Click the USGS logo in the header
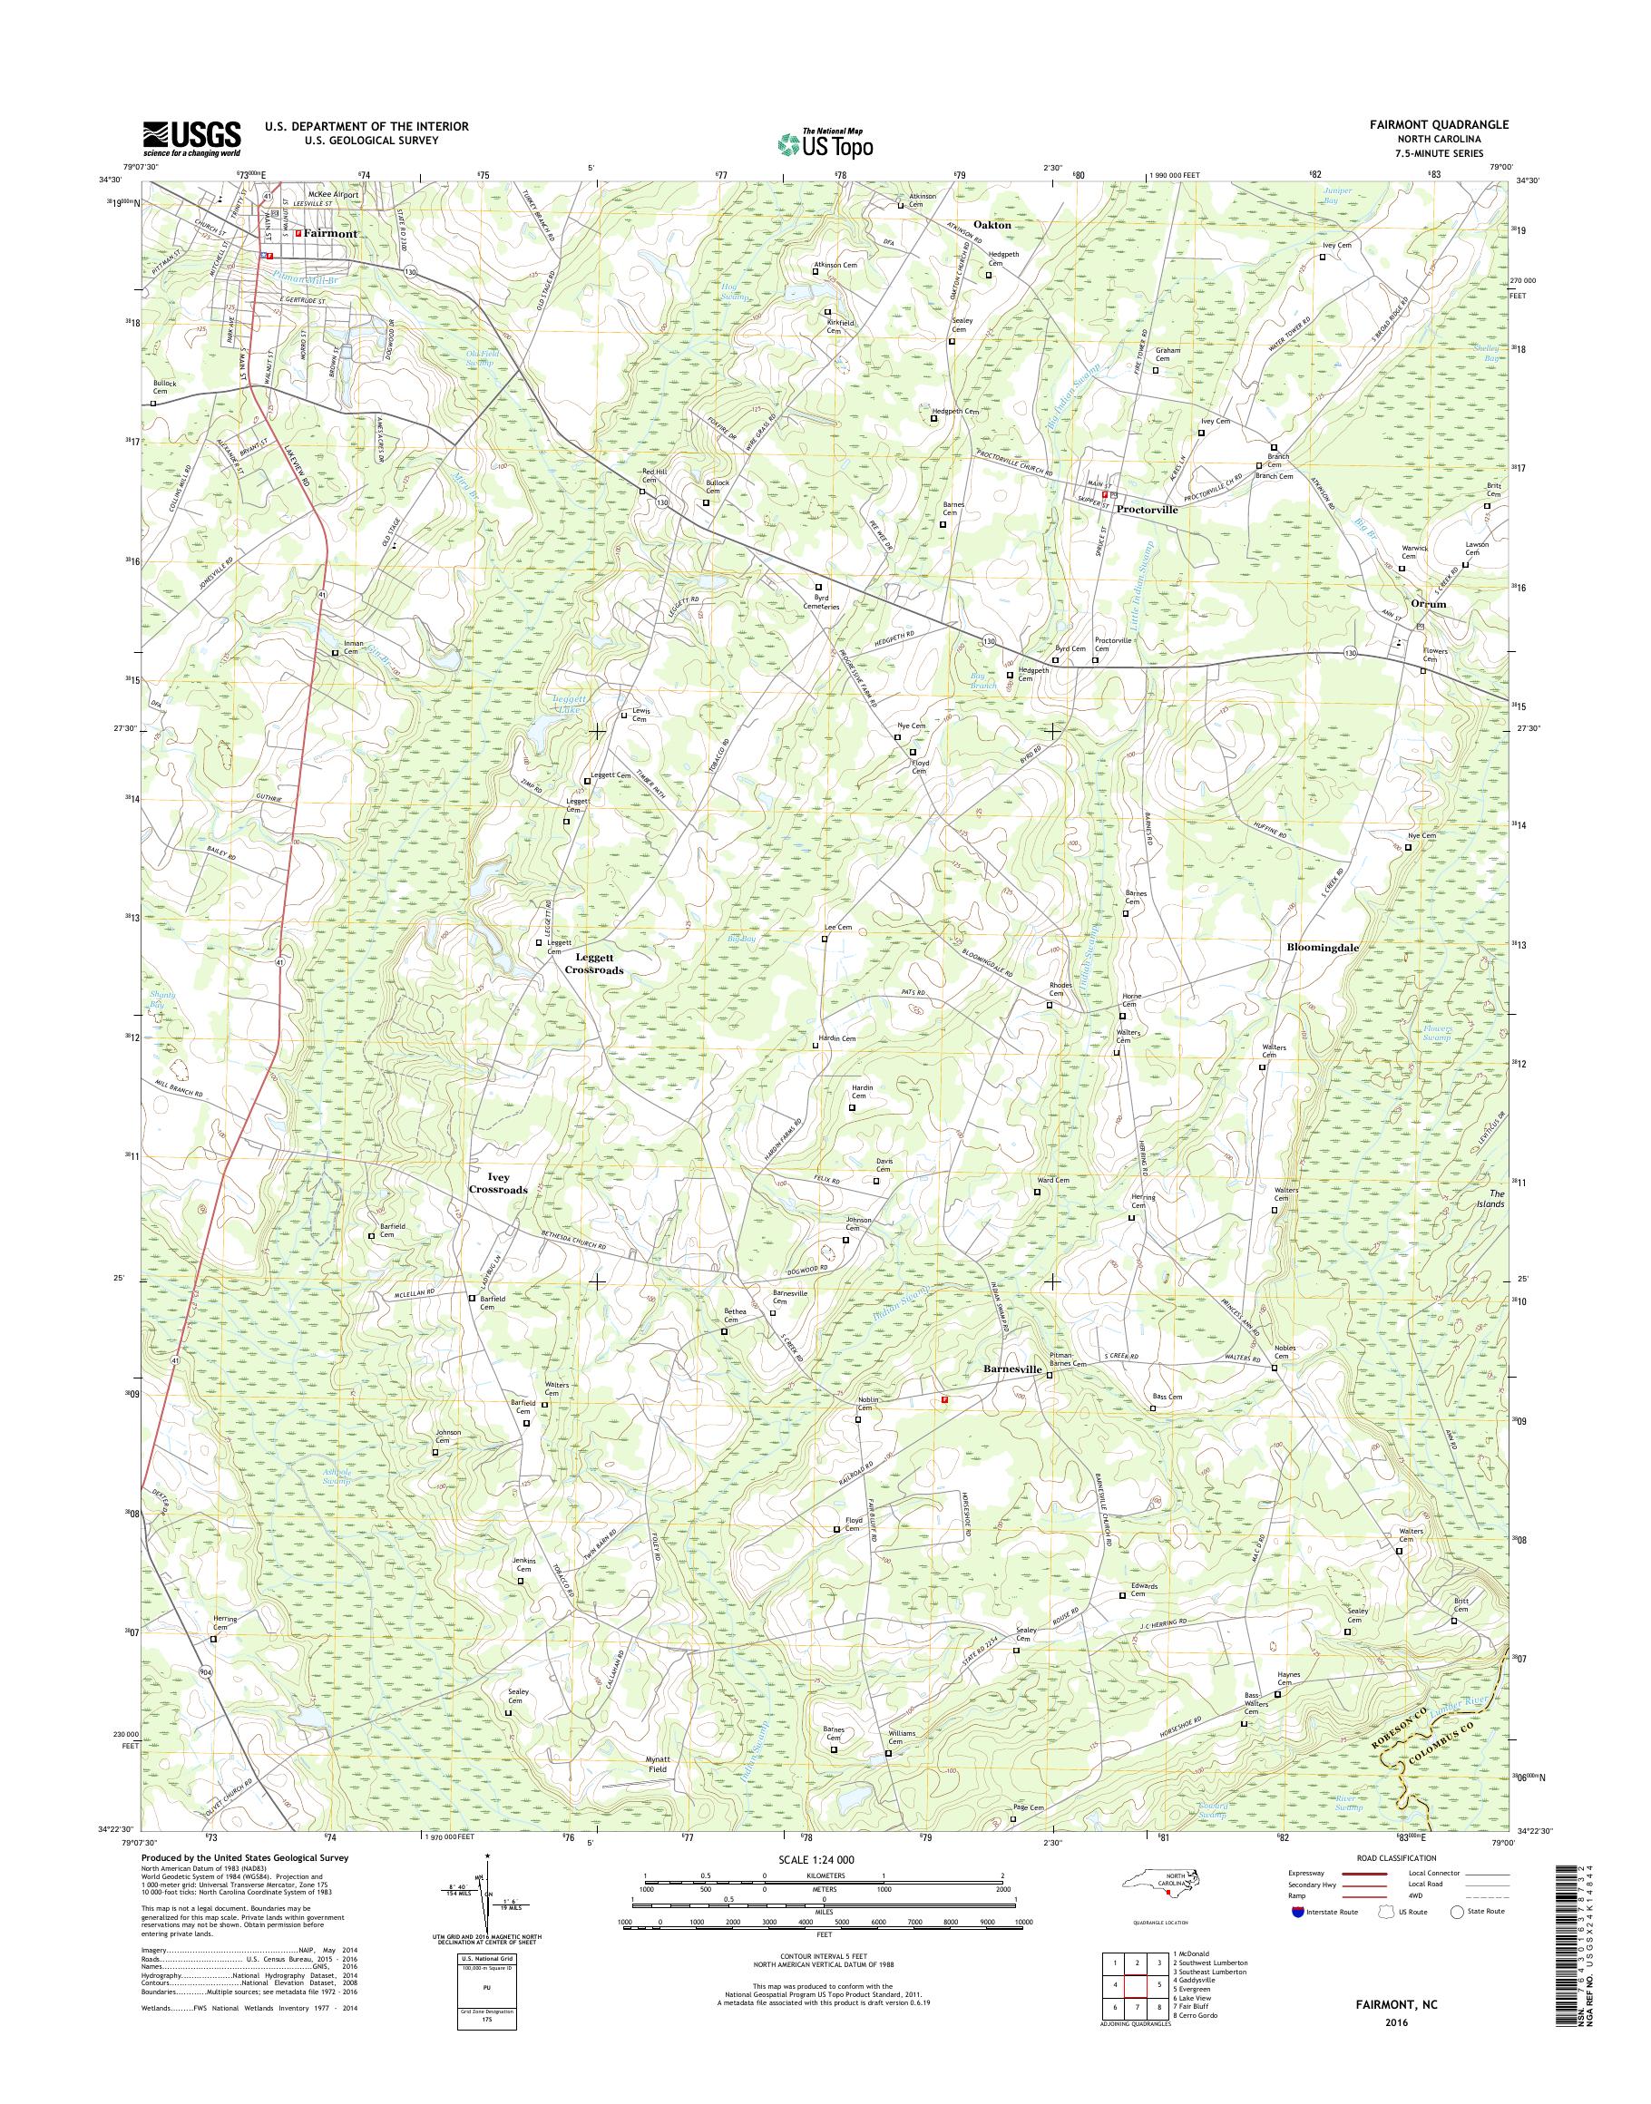click(x=191, y=138)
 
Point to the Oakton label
click(x=991, y=224)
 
